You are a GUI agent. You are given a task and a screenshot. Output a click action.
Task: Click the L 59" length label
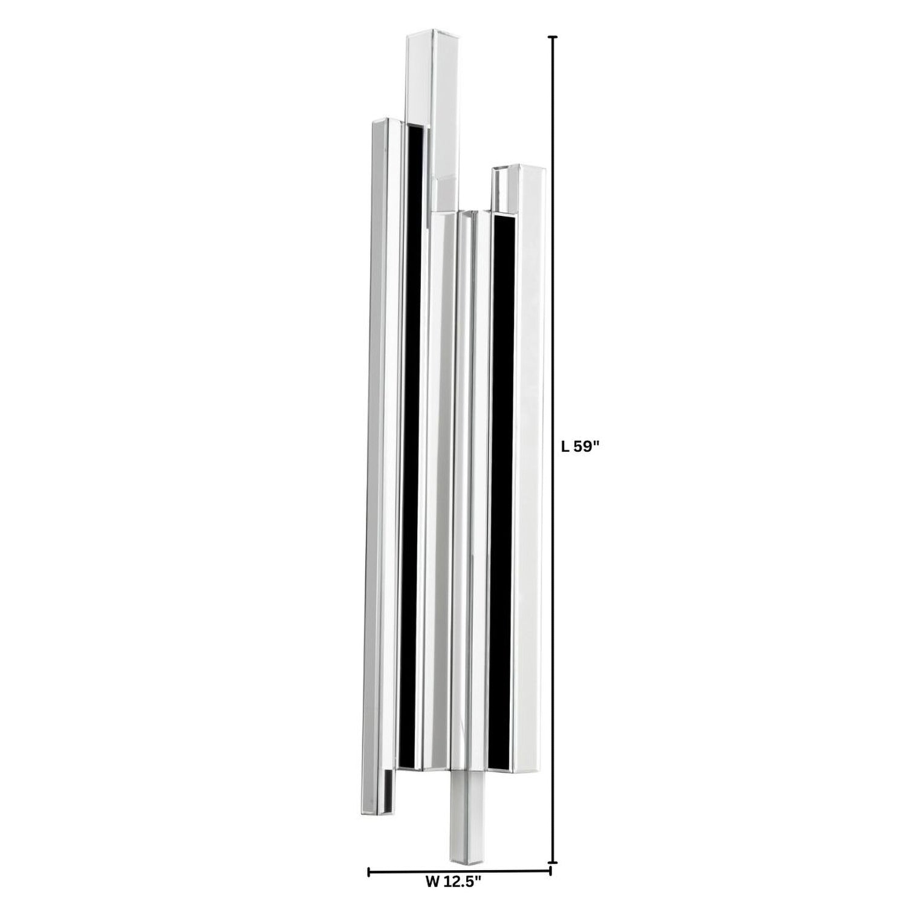(x=580, y=447)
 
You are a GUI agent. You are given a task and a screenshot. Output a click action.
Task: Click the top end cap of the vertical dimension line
(x=552, y=37)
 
